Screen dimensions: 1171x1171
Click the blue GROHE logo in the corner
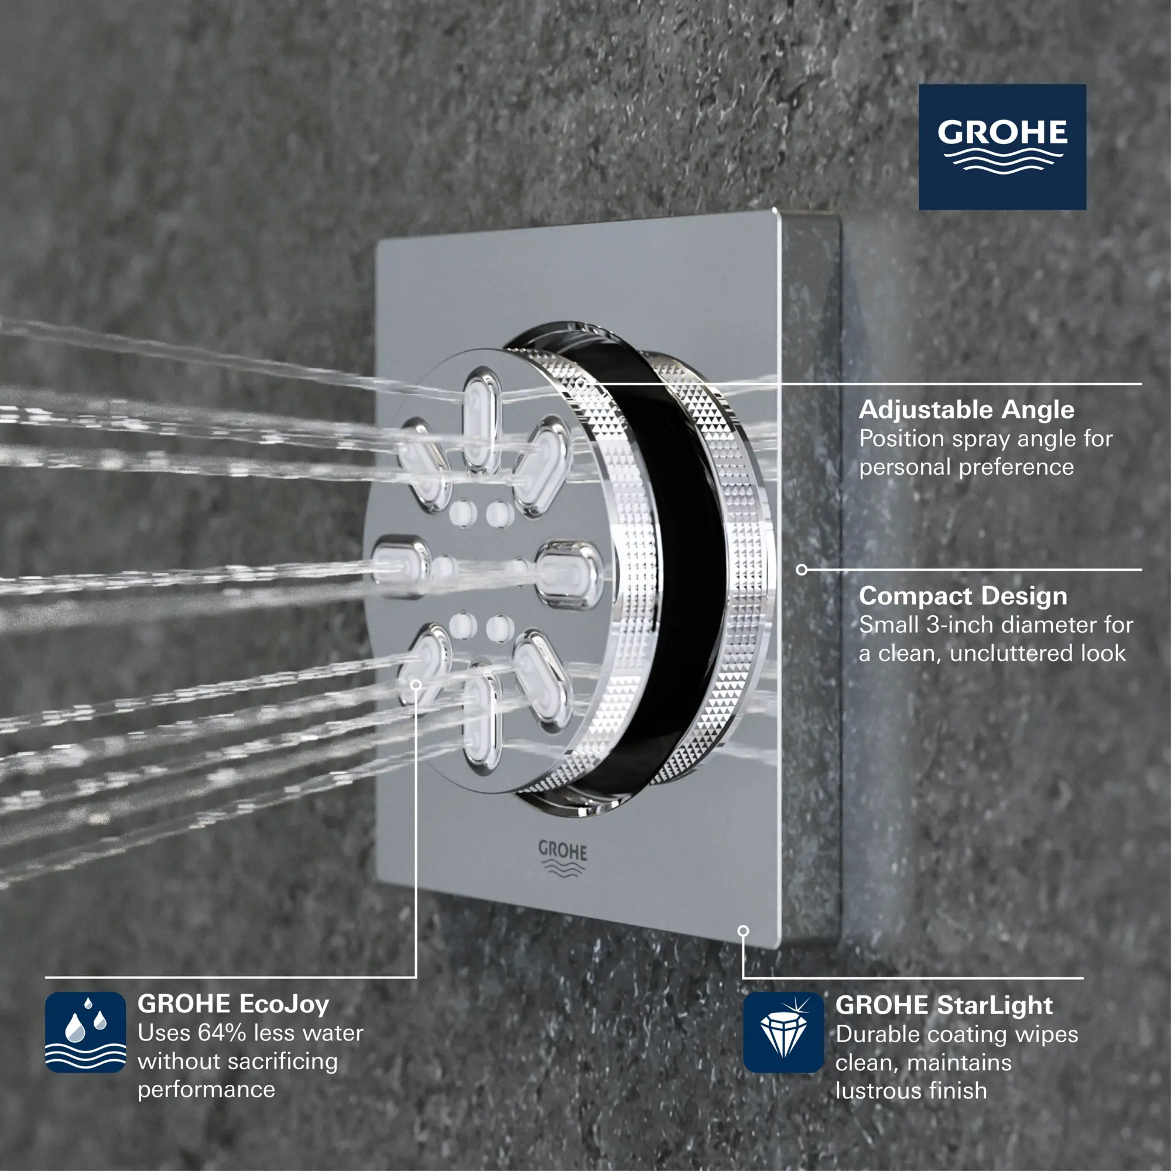click(x=1002, y=147)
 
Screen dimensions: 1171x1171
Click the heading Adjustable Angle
click(x=966, y=410)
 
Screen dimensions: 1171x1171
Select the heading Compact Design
click(x=963, y=596)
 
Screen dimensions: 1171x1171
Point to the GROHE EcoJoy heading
click(x=234, y=1004)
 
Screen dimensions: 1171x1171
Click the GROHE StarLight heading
click(x=944, y=1005)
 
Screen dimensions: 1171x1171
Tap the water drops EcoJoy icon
click(x=85, y=1032)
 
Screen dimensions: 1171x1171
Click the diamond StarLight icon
click(x=783, y=1033)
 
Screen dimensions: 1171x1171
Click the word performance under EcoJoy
click(x=206, y=1090)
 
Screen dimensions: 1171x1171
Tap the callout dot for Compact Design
click(x=802, y=570)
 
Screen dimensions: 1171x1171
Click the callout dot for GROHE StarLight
click(x=743, y=930)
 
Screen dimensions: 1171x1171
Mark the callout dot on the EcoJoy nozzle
click(x=416, y=685)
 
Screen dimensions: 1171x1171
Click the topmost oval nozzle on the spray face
click(x=482, y=421)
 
